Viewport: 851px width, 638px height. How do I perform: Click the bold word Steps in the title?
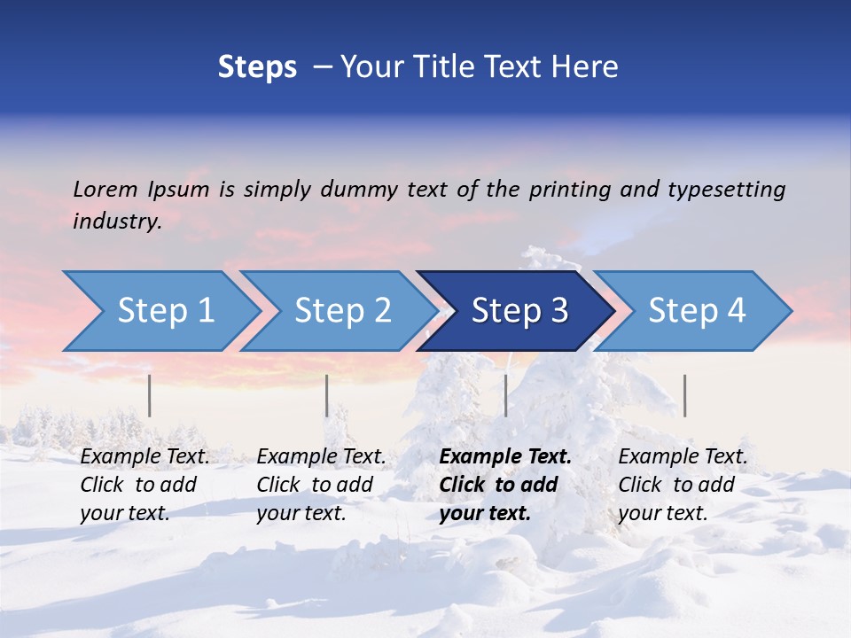pyautogui.click(x=257, y=67)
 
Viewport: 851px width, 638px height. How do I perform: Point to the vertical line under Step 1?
pyautogui.click(x=150, y=395)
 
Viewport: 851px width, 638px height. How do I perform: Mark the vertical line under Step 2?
pyautogui.click(x=327, y=395)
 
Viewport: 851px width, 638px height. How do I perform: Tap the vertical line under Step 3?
pyautogui.click(x=505, y=395)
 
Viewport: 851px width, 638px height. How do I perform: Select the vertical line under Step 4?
pyautogui.click(x=684, y=395)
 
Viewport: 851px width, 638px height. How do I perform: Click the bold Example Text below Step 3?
pyautogui.click(x=505, y=457)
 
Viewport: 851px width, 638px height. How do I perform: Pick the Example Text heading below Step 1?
pyautogui.click(x=144, y=457)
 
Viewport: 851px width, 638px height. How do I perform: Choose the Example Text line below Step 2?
pyautogui.click(x=321, y=457)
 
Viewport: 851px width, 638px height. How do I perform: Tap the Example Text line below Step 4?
pyautogui.click(x=683, y=457)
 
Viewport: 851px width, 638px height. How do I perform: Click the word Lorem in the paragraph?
pyautogui.click(x=105, y=189)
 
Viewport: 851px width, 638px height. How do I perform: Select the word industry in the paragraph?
pyautogui.click(x=116, y=221)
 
